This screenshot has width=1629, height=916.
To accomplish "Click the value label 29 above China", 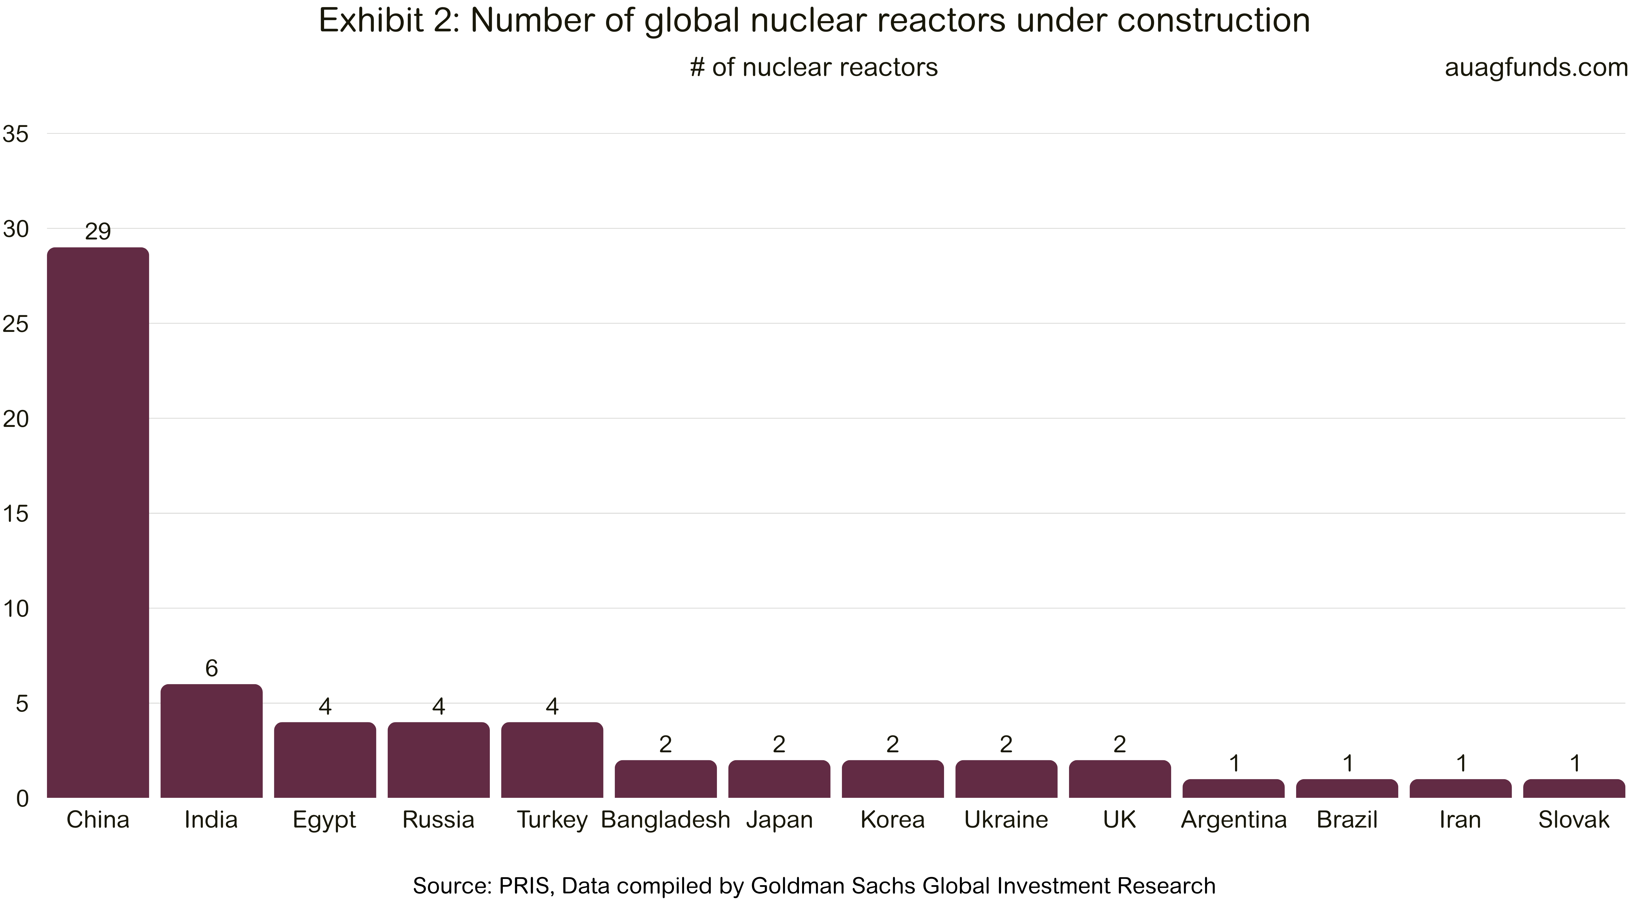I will point(98,232).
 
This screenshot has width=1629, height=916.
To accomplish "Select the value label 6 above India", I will point(211,668).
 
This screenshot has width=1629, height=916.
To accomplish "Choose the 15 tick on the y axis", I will point(16,513).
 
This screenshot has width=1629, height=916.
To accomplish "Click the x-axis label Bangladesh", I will point(665,820).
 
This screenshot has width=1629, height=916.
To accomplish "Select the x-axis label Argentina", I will point(1234,820).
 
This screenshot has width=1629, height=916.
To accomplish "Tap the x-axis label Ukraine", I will point(1006,820).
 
